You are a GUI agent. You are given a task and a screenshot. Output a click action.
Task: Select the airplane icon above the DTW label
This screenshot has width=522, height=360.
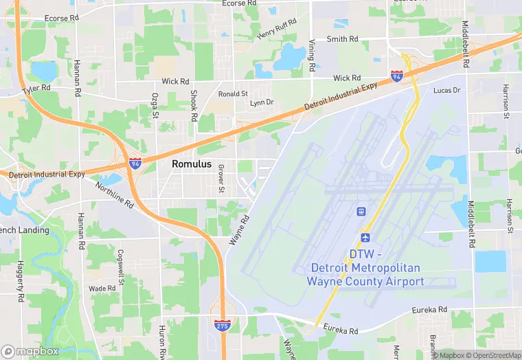[365, 237]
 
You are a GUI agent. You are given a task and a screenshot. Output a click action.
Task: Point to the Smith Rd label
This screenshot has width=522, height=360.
[341, 39]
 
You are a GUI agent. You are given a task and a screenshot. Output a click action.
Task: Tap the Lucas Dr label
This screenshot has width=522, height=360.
[446, 91]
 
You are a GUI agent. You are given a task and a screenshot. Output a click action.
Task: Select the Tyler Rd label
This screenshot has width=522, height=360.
[36, 89]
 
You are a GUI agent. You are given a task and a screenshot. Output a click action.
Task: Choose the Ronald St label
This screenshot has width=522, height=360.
[233, 93]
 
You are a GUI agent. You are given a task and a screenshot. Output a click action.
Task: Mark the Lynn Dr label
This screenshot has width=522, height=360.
[262, 103]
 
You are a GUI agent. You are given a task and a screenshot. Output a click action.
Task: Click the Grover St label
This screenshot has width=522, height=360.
[221, 179]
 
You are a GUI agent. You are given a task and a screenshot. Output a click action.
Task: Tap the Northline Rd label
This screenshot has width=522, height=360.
[114, 195]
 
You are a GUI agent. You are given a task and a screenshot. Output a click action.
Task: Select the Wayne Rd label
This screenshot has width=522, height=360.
[238, 229]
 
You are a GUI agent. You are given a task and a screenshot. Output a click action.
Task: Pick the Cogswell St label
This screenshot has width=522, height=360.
[122, 267]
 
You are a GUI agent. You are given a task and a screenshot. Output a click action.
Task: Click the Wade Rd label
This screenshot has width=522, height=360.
[102, 289]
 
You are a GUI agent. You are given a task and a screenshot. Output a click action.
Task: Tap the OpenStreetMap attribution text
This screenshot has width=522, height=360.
[494, 355]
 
